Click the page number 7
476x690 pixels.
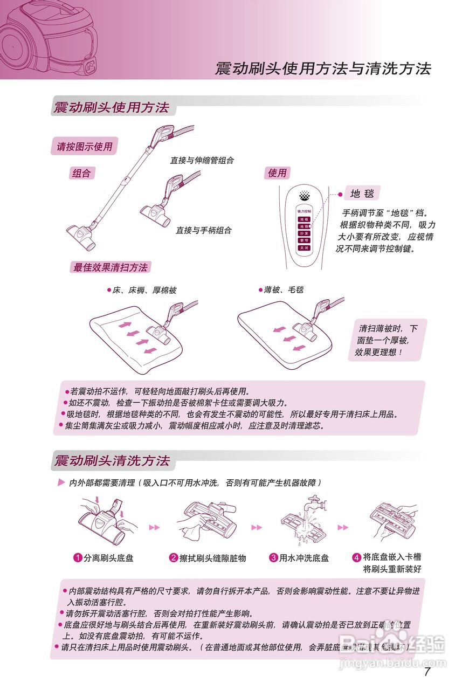coord(427,672)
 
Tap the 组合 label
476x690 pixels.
coord(81,173)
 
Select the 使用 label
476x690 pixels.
coord(277,173)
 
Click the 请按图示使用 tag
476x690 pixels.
coord(85,146)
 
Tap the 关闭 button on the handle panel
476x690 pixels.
coord(303,248)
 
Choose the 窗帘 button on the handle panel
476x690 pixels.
coord(303,240)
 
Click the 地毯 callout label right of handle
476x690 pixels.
coord(361,194)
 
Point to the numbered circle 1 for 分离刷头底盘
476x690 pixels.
coord(78,558)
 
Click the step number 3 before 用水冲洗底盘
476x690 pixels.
coord(273,558)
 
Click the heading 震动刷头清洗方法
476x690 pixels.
coord(112,461)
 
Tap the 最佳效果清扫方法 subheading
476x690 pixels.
coord(111,267)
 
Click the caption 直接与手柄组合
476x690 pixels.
coord(204,230)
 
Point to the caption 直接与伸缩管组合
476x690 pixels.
coord(202,160)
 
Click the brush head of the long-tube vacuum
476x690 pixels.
coord(81,236)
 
